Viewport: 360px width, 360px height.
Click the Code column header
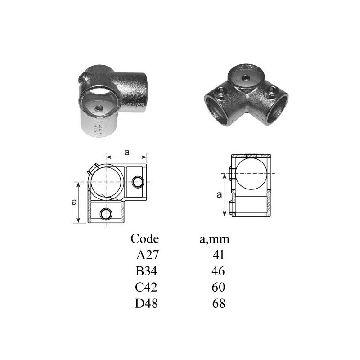pyautogui.click(x=144, y=239)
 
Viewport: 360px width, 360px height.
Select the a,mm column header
pyautogui.click(x=215, y=239)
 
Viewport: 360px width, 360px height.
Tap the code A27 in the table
pyautogui.click(x=148, y=255)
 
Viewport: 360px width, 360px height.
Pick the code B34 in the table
pyautogui.click(x=147, y=271)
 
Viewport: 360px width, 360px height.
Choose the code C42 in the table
pyautogui.click(x=146, y=287)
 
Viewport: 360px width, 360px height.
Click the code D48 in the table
pyautogui.click(x=147, y=303)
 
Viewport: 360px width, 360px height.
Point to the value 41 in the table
pyautogui.click(x=218, y=255)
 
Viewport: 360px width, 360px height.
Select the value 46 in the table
pyautogui.click(x=218, y=271)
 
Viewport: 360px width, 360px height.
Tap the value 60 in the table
pyautogui.click(x=218, y=287)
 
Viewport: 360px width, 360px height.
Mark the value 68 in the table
pyautogui.click(x=219, y=303)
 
